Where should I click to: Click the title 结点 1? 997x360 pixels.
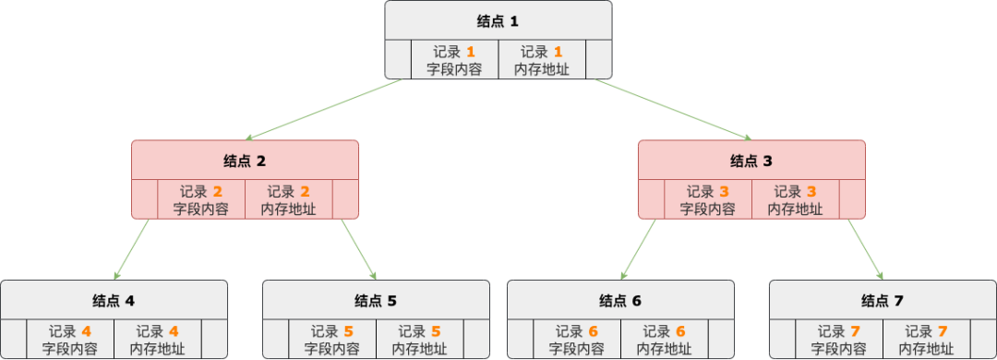click(498, 20)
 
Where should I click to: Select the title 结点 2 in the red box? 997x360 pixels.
click(245, 161)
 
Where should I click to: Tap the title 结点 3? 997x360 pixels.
click(752, 161)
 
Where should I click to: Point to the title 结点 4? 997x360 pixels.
click(114, 301)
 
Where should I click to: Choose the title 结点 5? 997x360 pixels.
click(376, 301)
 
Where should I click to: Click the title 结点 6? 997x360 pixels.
click(620, 301)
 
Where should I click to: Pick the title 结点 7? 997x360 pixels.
click(883, 301)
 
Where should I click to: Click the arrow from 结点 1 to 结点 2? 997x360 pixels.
click(323, 110)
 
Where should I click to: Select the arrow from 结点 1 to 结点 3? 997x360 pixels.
click(674, 110)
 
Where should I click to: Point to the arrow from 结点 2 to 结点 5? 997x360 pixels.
click(359, 249)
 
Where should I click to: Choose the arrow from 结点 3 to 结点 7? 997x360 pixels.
click(865, 249)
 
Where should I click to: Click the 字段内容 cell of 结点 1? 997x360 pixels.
click(454, 60)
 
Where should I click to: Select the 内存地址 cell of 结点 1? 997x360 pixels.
click(541, 60)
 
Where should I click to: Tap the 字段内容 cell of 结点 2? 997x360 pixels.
click(201, 200)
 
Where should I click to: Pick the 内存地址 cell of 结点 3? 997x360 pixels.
click(796, 200)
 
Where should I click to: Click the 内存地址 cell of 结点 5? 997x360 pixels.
click(419, 340)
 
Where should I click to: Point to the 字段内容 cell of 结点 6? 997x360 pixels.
click(577, 340)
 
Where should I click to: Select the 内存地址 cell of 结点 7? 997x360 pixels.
click(926, 340)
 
